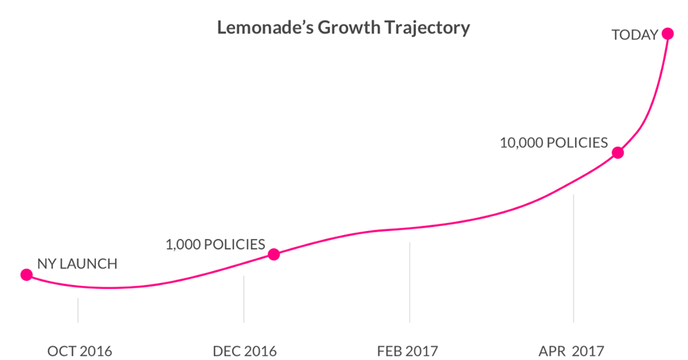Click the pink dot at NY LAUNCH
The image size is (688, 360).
click(26, 274)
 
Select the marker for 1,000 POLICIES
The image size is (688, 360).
click(273, 254)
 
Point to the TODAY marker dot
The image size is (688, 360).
click(667, 33)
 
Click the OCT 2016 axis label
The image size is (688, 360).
click(79, 351)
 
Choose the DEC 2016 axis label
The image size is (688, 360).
click(245, 351)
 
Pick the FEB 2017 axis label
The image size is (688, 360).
click(408, 351)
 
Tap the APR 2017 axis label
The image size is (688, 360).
click(572, 351)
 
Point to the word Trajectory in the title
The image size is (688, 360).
click(429, 28)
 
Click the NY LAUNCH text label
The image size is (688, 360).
click(77, 264)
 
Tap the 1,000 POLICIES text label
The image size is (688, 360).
click(215, 244)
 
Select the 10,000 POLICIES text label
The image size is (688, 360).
click(554, 143)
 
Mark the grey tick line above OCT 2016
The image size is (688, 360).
click(78, 310)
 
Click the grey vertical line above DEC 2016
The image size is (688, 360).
click(243, 298)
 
